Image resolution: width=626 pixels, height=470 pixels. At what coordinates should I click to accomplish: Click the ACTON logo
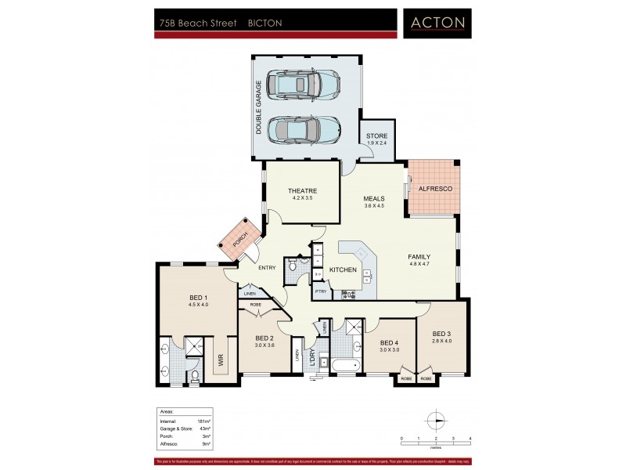[437, 23]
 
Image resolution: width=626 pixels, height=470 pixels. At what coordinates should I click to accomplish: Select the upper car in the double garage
[302, 84]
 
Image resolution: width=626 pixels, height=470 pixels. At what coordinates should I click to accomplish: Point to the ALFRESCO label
[435, 190]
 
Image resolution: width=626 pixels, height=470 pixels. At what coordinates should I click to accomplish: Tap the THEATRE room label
[301, 192]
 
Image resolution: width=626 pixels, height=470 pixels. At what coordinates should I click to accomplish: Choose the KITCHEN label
[343, 270]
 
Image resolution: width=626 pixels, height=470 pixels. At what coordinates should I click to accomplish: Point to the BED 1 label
[198, 298]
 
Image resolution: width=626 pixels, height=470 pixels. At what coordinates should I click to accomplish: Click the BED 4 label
[389, 342]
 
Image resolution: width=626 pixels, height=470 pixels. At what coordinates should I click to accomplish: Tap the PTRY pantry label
[320, 291]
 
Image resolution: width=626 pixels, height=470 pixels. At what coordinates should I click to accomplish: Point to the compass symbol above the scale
[435, 420]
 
